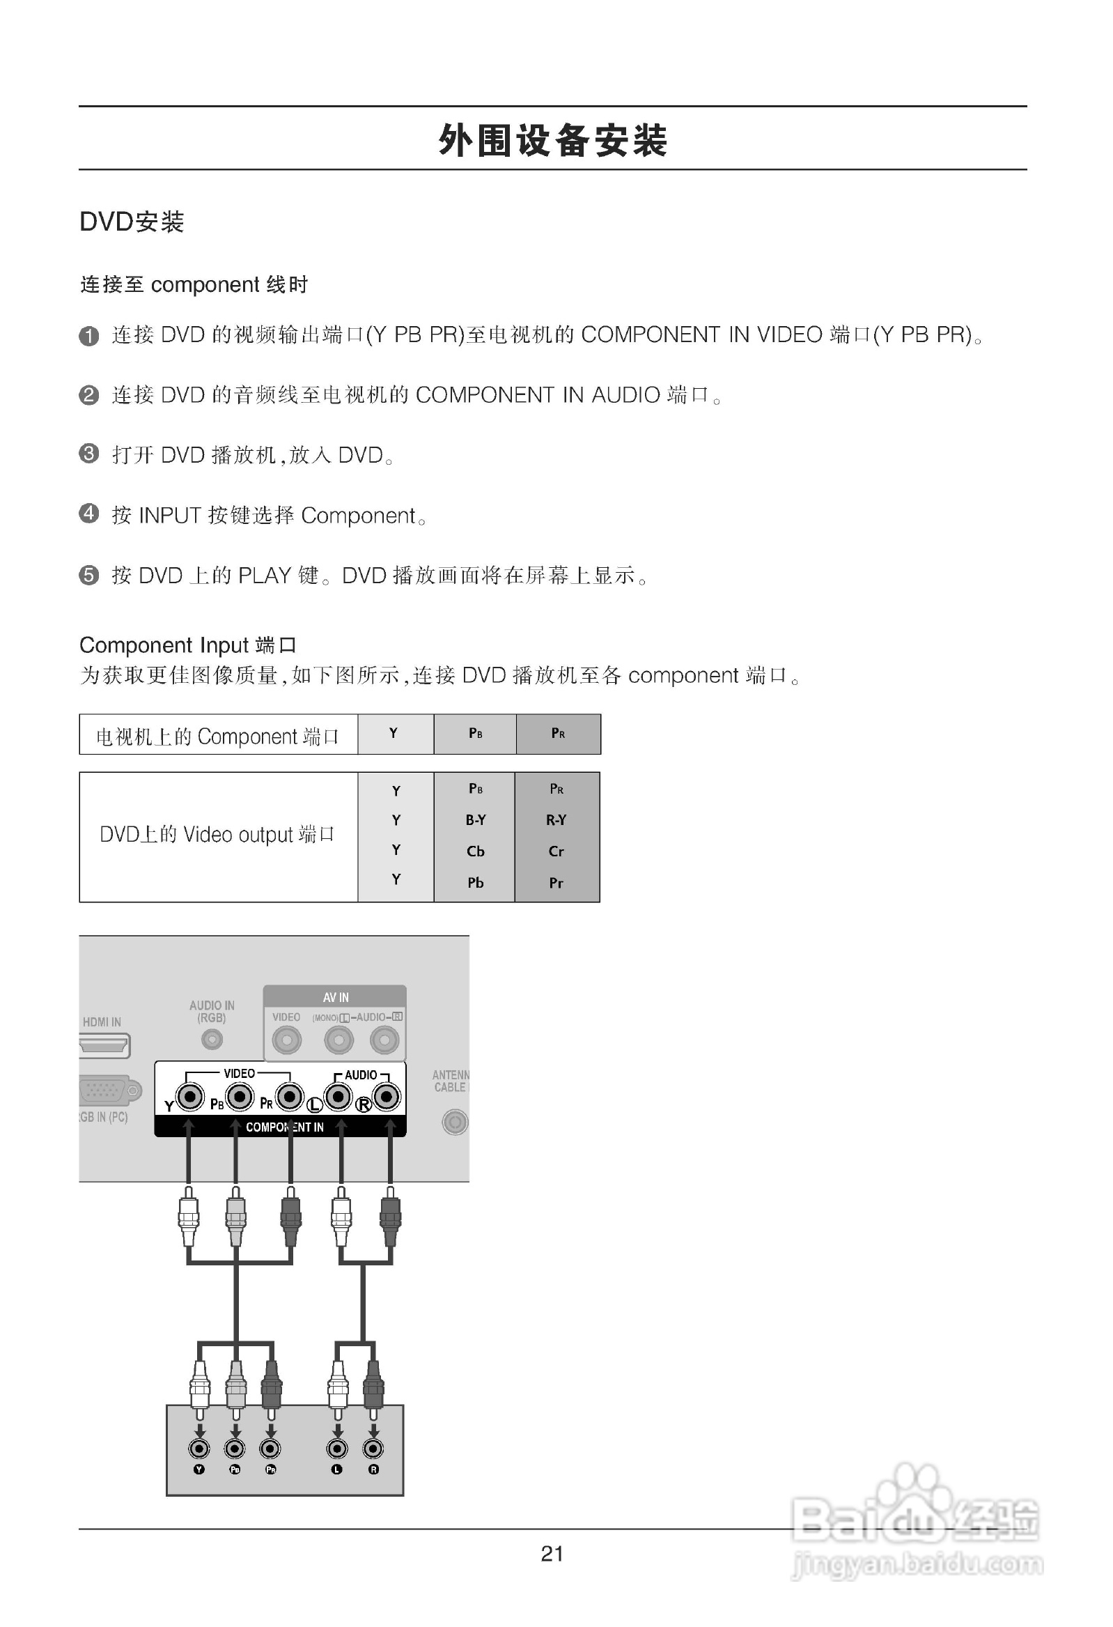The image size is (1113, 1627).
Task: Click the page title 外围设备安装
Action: click(552, 140)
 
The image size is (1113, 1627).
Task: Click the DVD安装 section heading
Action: click(132, 222)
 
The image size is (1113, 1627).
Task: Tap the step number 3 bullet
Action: click(89, 454)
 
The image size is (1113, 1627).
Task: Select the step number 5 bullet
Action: click(89, 576)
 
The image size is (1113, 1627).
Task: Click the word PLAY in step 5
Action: click(264, 576)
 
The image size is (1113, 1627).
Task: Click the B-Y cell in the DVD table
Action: click(475, 820)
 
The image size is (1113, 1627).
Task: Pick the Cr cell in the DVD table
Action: click(556, 851)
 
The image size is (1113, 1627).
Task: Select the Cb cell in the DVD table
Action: click(475, 851)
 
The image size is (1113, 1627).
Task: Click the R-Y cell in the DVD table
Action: click(556, 820)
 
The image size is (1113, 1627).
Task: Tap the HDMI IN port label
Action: click(102, 1022)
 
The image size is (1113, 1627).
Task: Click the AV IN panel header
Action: click(335, 997)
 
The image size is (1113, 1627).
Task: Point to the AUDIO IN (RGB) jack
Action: click(212, 1040)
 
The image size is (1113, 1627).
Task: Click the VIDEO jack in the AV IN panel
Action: click(286, 1040)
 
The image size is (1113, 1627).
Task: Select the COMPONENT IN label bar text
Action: click(285, 1127)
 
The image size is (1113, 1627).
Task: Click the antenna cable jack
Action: click(454, 1123)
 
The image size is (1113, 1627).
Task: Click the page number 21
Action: click(552, 1554)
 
